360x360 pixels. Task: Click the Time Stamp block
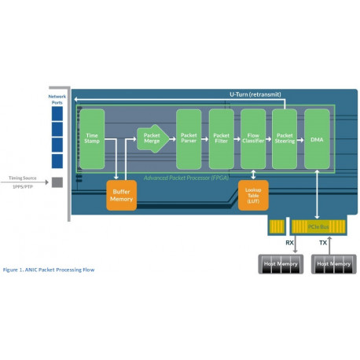[x=91, y=139]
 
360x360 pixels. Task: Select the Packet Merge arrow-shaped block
[x=152, y=139]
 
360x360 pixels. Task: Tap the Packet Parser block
[x=189, y=139]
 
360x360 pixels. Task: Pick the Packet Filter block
[x=221, y=139]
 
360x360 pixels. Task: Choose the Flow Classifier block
[x=253, y=139]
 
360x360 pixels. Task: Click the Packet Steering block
[x=284, y=139]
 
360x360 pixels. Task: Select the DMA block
[x=316, y=139]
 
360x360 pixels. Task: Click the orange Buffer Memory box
[x=121, y=195]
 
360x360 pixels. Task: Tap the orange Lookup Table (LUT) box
[x=253, y=195]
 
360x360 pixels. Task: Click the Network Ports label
[x=57, y=98]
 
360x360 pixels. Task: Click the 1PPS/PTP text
[x=23, y=188]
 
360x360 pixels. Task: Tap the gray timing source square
[x=57, y=183]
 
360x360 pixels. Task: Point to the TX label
[x=322, y=244]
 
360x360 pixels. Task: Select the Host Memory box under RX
[x=279, y=264]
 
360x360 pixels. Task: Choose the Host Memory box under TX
[x=332, y=264]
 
